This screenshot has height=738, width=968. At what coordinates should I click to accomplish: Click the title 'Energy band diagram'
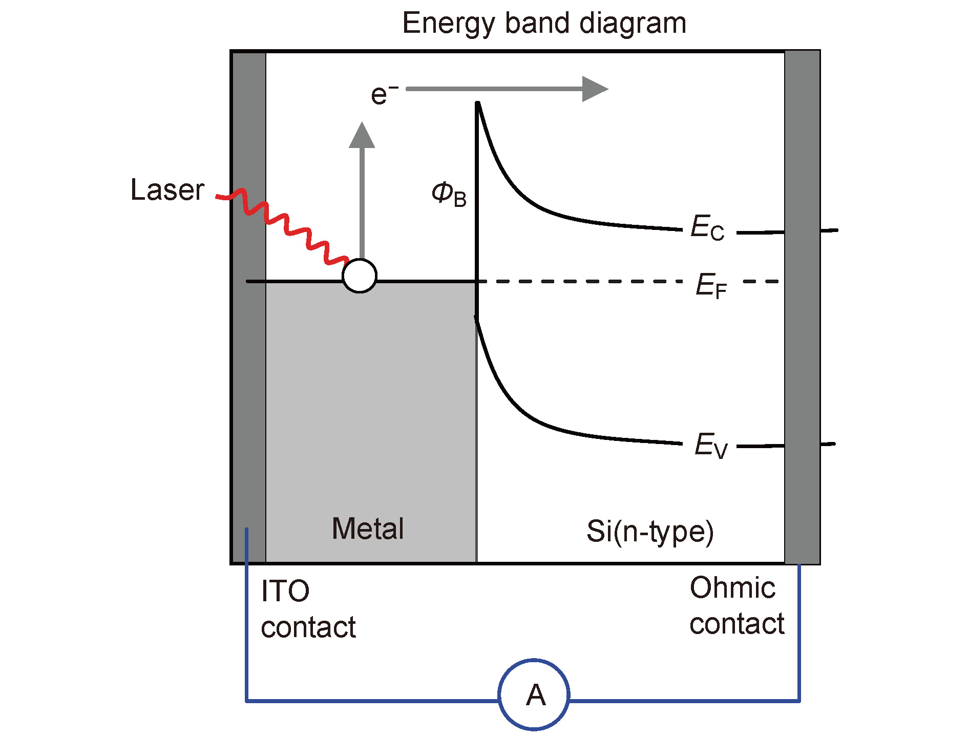point(544,23)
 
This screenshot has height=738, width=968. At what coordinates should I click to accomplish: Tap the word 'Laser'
point(167,190)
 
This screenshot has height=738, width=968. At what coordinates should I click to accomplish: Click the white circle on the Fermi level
point(360,276)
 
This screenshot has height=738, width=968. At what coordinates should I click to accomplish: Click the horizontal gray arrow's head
point(594,89)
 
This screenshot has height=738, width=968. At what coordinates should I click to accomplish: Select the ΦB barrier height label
point(449,195)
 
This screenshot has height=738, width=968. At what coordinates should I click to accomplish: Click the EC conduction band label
point(707,227)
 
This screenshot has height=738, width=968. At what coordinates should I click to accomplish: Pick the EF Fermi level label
point(711,285)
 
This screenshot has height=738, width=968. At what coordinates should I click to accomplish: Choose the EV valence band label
point(711,445)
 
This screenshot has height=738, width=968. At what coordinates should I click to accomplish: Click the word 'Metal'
point(368,529)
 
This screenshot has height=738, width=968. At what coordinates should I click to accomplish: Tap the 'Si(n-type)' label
point(650,532)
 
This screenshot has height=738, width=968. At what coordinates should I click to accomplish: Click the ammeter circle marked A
point(534,695)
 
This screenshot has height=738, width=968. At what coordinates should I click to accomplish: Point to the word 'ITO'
point(285,591)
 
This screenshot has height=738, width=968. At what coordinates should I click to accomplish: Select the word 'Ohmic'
point(732,588)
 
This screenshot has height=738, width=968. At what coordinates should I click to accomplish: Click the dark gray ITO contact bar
point(249,359)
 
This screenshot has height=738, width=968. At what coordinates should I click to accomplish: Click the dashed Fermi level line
point(579,281)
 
